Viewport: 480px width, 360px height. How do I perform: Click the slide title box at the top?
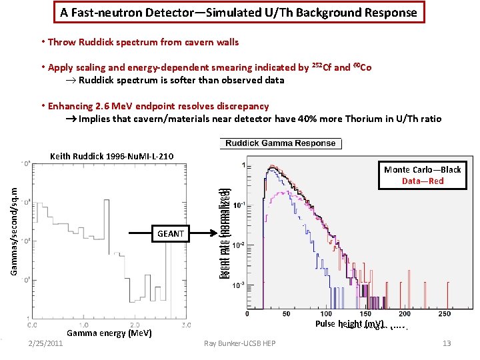click(x=239, y=13)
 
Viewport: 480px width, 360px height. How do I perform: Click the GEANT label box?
click(x=171, y=234)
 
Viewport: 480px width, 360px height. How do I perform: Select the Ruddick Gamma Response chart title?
click(x=280, y=143)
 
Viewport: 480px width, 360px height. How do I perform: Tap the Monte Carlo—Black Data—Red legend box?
click(x=422, y=175)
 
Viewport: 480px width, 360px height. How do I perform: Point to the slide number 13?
click(x=447, y=343)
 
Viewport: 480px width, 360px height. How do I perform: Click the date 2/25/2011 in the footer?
click(x=45, y=343)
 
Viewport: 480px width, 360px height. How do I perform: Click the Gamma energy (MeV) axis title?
click(x=109, y=333)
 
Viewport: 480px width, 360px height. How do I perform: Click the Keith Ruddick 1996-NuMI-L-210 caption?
click(x=112, y=156)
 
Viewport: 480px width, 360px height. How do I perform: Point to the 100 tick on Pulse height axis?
click(x=326, y=314)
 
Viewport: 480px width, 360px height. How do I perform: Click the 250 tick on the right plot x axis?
click(x=444, y=314)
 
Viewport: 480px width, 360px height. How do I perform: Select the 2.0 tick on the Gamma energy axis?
click(x=135, y=325)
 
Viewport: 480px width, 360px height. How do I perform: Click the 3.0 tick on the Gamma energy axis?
click(x=185, y=325)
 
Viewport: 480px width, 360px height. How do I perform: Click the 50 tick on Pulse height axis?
click(x=287, y=314)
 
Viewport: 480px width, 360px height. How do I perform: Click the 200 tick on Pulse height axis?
click(x=405, y=314)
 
